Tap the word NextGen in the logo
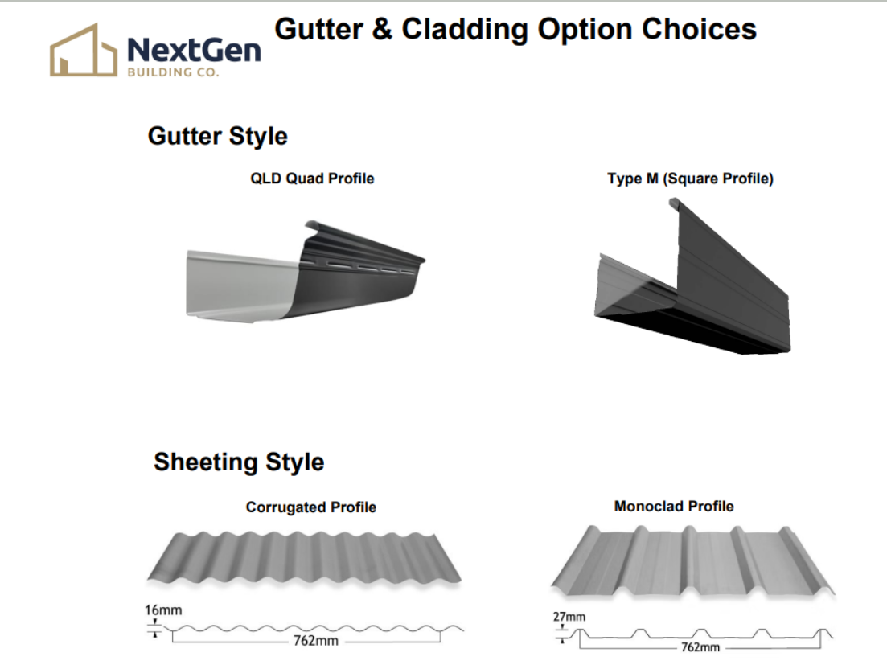[x=194, y=51]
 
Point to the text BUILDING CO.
[x=173, y=72]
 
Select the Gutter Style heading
[x=218, y=136]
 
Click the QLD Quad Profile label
[x=312, y=179]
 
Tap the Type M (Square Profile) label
[x=690, y=179]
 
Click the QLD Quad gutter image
[x=306, y=272]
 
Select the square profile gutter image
[x=692, y=277]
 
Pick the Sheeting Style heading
[x=239, y=462]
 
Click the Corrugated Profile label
[x=311, y=507]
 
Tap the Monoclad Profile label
[x=674, y=506]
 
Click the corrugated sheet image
[x=304, y=559]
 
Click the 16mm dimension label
[x=163, y=610]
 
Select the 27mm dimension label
[x=569, y=617]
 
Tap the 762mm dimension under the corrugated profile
[x=316, y=641]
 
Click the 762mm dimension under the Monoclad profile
[x=700, y=647]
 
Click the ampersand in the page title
[x=383, y=30]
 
